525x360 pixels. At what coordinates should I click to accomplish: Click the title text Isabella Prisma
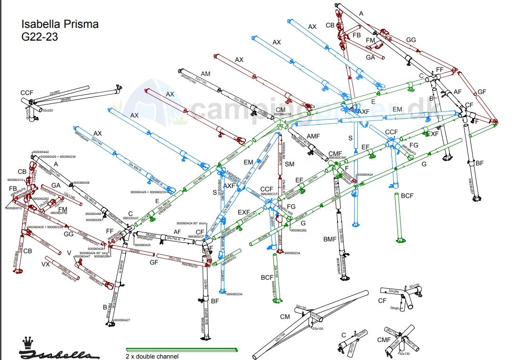[60, 24]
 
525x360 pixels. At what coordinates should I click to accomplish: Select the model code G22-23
[40, 37]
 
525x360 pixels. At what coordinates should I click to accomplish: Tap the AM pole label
[205, 74]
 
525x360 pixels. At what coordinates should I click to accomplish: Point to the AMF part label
[313, 136]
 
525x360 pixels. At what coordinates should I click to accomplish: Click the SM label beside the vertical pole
[289, 164]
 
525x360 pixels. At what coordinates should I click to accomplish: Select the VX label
[46, 264]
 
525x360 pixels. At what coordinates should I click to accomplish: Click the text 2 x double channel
[152, 356]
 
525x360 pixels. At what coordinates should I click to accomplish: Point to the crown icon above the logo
[28, 342]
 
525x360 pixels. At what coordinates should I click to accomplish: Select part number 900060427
[122, 320]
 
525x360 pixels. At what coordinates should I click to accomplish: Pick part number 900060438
[81, 182]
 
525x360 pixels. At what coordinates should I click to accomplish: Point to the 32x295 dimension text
[394, 291]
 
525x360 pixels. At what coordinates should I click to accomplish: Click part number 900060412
[16, 180]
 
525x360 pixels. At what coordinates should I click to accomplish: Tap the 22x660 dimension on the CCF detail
[54, 92]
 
